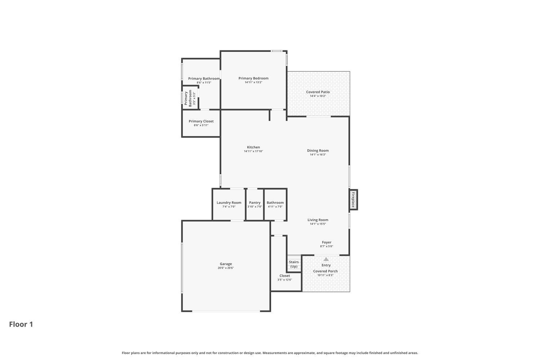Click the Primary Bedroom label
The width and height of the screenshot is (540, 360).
253,78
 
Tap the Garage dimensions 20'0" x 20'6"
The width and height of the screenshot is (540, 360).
226,268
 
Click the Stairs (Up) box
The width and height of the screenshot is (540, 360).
294,264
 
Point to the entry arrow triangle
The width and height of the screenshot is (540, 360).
326,259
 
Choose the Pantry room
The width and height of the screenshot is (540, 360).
255,204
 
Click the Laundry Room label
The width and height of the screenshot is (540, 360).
229,202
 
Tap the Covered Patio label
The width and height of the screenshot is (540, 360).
318,92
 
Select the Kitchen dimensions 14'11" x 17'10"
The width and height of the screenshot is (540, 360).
253,151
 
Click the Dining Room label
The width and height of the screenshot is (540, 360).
318,150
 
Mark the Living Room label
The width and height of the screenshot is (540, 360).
318,220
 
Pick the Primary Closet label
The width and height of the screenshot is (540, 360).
201,121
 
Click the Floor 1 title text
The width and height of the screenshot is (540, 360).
21,324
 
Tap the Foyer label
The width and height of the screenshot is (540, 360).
327,242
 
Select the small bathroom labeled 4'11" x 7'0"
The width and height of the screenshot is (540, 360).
275,204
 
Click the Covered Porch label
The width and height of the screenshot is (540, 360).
325,271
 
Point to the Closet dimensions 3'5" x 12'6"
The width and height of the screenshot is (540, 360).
284,280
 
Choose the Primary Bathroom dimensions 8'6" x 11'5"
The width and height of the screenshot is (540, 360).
204,82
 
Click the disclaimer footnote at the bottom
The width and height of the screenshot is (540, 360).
270,353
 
